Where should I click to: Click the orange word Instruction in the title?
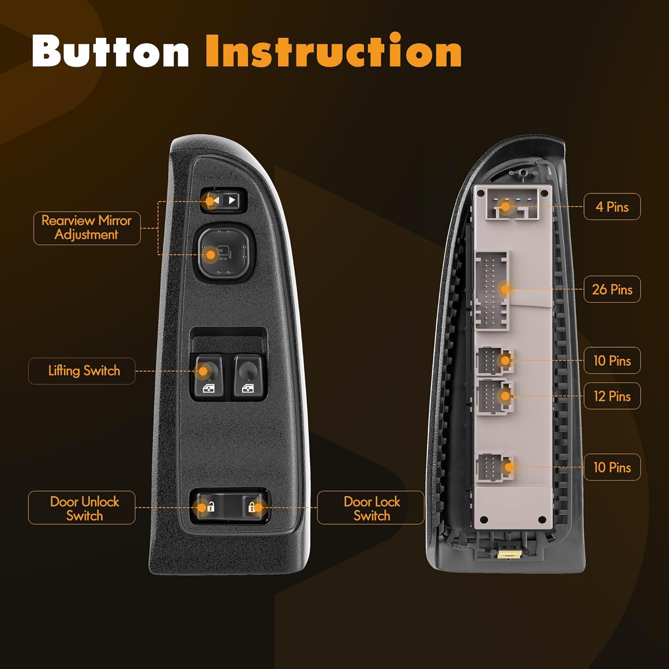[334, 50]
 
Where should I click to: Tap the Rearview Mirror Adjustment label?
[87, 228]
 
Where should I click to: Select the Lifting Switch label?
[82, 371]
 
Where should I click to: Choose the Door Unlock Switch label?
[82, 508]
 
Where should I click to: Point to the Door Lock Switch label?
[371, 508]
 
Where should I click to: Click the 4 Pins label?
[612, 206]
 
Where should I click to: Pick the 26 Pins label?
[612, 289]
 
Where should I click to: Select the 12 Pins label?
[612, 396]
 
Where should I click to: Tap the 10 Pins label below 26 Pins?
[612, 360]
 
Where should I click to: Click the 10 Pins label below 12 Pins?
[612, 467]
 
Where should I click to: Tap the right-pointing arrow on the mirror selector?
[232, 200]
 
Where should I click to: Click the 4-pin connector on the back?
[513, 203]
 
